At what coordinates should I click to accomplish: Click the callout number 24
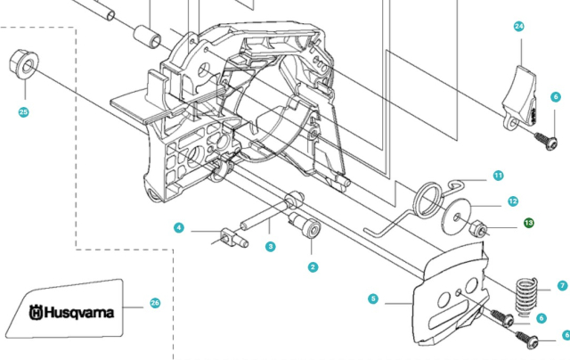click(519, 27)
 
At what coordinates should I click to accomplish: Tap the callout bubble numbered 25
click(24, 111)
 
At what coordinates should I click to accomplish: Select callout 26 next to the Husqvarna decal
click(155, 303)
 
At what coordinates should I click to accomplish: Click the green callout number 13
click(528, 223)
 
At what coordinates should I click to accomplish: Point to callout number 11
click(499, 175)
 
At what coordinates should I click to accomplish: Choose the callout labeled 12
click(513, 201)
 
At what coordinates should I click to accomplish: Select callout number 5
click(372, 299)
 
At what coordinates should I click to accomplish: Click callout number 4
click(179, 228)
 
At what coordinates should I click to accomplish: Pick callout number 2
click(313, 266)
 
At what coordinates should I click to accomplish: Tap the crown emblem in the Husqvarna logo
click(36, 313)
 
